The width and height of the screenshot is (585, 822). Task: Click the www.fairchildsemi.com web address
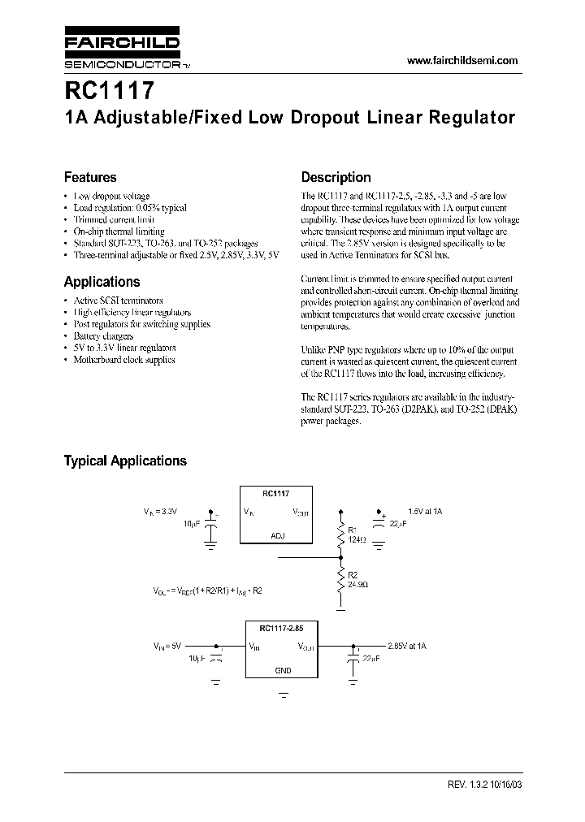[x=461, y=61]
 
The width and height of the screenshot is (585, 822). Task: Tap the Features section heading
[x=90, y=177]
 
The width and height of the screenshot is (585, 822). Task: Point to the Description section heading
[x=336, y=177]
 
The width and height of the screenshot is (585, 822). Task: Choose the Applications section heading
[x=102, y=282]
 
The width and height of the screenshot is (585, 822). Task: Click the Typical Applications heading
[x=125, y=461]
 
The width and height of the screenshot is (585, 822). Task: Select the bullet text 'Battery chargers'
[x=104, y=335]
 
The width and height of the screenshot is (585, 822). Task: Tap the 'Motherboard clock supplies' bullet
[x=123, y=359]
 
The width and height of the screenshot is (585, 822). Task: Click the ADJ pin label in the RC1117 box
[x=277, y=536]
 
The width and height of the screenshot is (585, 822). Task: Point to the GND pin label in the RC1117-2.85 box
[x=284, y=671]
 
